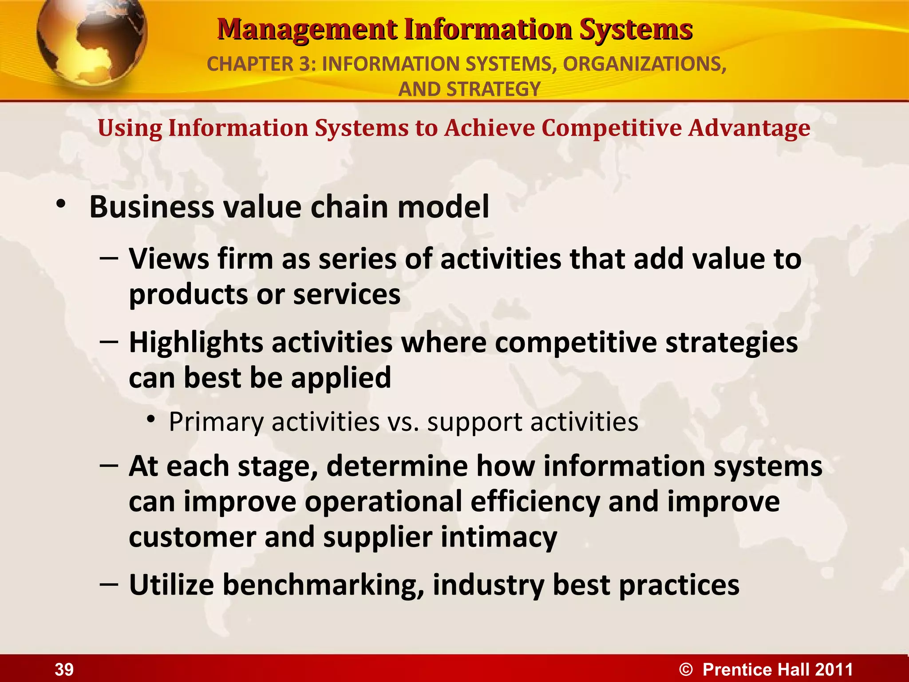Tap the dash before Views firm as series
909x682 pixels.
point(109,257)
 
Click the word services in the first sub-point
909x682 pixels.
point(347,294)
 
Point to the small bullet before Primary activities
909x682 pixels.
point(151,419)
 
